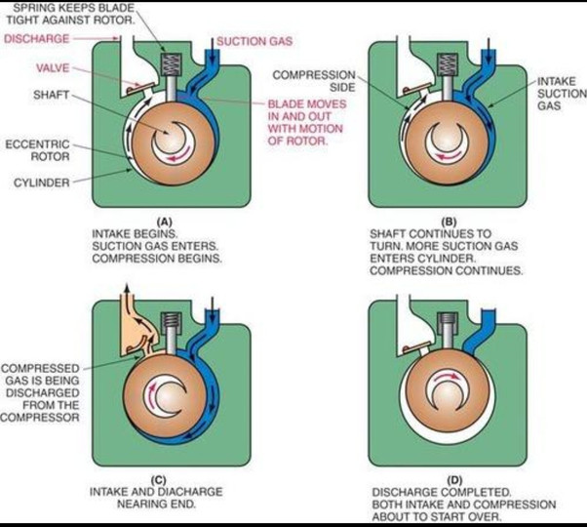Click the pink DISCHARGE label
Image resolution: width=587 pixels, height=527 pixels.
pyautogui.click(x=37, y=39)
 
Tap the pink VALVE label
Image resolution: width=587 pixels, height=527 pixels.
pyautogui.click(x=53, y=68)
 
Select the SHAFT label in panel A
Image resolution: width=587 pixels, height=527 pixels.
pyautogui.click(x=52, y=95)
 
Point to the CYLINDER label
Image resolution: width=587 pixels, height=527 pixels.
pyautogui.click(x=42, y=182)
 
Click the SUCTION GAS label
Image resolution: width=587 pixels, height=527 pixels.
pyautogui.click(x=254, y=41)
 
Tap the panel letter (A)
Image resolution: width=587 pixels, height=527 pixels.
pyautogui.click(x=165, y=222)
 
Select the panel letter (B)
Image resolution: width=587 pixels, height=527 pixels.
pyautogui.click(x=450, y=222)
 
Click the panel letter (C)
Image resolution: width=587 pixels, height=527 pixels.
pyautogui.click(x=158, y=480)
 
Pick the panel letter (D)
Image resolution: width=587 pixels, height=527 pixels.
pyautogui.click(x=454, y=480)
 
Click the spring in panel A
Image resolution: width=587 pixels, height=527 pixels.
pyautogui.click(x=171, y=63)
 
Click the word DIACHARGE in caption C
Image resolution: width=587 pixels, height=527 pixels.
pyautogui.click(x=195, y=492)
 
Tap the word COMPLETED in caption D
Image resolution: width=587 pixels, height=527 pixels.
pyautogui.click(x=476, y=492)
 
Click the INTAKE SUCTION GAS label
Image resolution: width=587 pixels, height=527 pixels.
pyautogui.click(x=562, y=94)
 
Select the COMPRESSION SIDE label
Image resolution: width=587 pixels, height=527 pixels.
pyautogui.click(x=314, y=81)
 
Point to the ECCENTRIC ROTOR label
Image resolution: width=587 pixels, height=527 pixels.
pyautogui.click(x=37, y=150)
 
